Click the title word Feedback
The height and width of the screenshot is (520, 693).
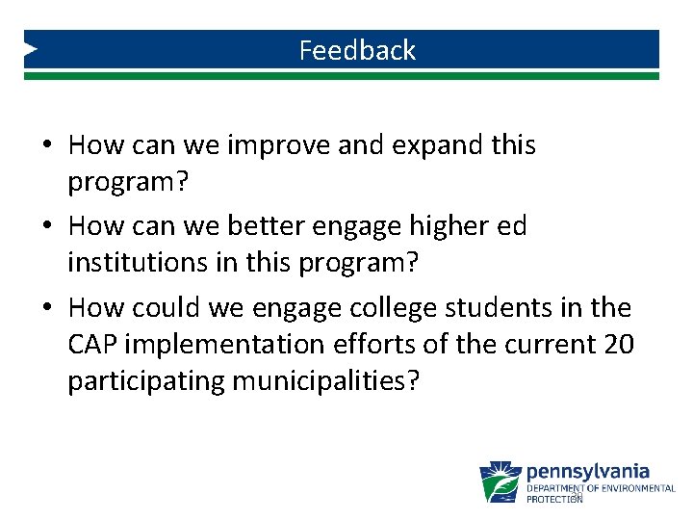357,50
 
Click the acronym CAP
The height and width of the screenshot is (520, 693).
92,344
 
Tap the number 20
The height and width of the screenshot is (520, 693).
617,344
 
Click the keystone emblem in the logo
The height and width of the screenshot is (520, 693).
500,481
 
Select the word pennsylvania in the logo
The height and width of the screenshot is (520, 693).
588,472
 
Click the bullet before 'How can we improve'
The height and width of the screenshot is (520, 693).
47,146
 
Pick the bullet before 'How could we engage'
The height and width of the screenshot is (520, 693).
47,309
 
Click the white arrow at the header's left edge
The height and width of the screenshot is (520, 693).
31,48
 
